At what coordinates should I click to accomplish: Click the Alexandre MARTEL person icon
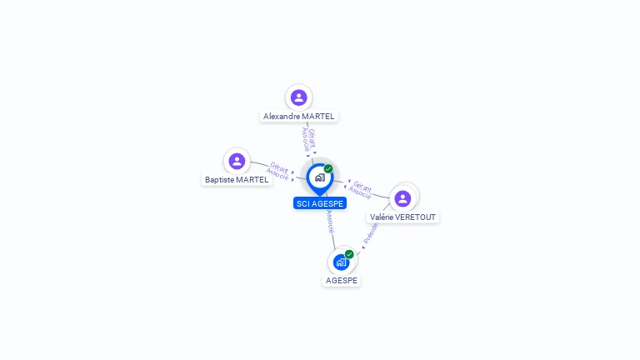point(298,98)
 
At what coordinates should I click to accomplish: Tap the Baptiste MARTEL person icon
point(237,161)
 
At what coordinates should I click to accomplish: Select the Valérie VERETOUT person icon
point(402,198)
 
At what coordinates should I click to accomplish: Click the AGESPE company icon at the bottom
point(341,262)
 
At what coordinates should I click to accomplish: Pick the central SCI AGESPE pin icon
point(319,177)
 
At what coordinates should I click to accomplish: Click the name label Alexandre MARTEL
point(298,117)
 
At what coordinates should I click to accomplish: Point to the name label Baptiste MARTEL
point(237,179)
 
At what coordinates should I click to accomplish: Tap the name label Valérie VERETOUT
point(402,217)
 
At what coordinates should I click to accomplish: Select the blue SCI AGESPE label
point(320,203)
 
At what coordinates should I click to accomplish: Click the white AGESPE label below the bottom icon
point(342,281)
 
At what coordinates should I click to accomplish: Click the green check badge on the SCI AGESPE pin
point(328,168)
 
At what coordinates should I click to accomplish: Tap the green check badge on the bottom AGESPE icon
point(349,254)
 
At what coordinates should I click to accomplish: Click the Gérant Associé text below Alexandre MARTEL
point(308,140)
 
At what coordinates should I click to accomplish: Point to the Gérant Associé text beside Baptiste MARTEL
point(278,171)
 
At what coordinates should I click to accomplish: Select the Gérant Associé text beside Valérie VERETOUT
point(361,189)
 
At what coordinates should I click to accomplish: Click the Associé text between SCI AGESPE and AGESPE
point(330,222)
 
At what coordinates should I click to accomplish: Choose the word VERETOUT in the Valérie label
point(417,217)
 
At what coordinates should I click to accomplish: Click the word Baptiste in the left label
point(220,179)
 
